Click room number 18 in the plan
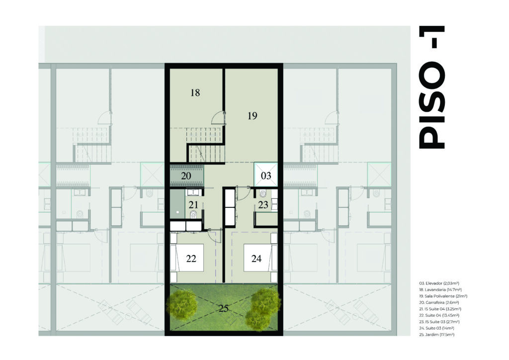click(x=195, y=93)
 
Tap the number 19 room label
click(x=252, y=115)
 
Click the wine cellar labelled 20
click(x=187, y=176)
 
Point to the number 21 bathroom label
click(x=193, y=205)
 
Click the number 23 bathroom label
click(x=263, y=205)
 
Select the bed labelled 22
click(x=187, y=258)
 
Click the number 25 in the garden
click(x=223, y=308)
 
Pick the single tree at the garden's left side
click(x=182, y=304)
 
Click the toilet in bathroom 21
click(x=193, y=215)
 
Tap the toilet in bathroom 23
click(x=262, y=194)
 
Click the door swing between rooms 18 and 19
click(x=218, y=118)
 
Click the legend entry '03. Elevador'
click(x=439, y=283)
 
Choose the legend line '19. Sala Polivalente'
click(x=443, y=296)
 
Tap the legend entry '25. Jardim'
click(x=436, y=334)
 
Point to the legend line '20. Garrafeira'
click(x=438, y=302)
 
